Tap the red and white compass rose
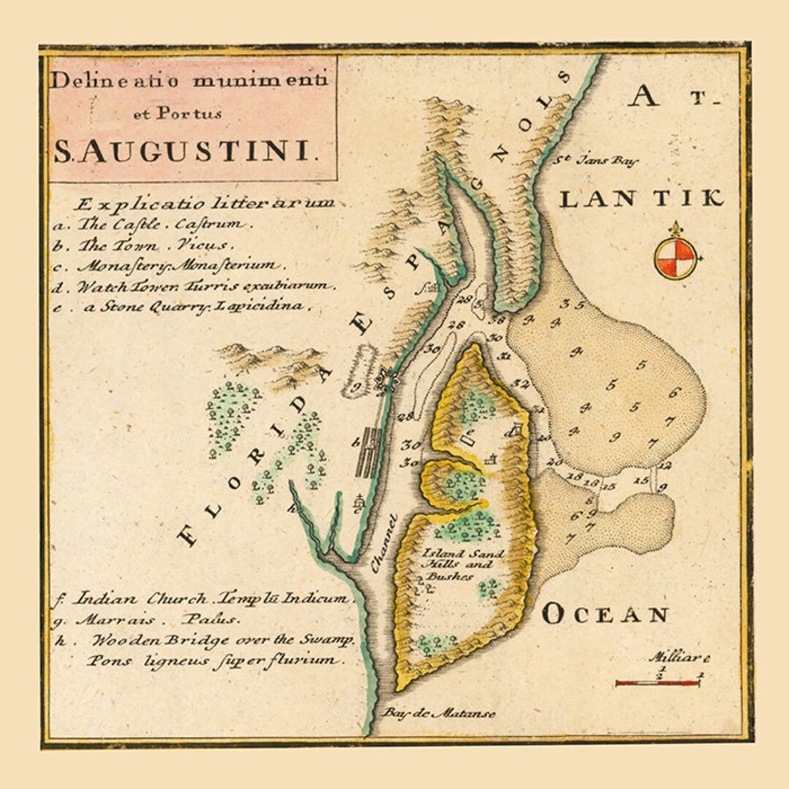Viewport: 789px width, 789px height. coord(675,259)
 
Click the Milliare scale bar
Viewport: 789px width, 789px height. coord(657,682)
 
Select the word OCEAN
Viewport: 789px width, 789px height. coord(605,614)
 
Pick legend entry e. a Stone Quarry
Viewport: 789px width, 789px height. coord(183,307)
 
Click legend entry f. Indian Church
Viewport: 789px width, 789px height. coord(201,598)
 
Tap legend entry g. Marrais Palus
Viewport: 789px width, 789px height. coord(146,620)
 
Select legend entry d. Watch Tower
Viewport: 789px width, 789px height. coord(194,286)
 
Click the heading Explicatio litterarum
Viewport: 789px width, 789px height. coord(205,203)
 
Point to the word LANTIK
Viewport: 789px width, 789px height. coord(641,199)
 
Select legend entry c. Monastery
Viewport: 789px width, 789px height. coord(167,266)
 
